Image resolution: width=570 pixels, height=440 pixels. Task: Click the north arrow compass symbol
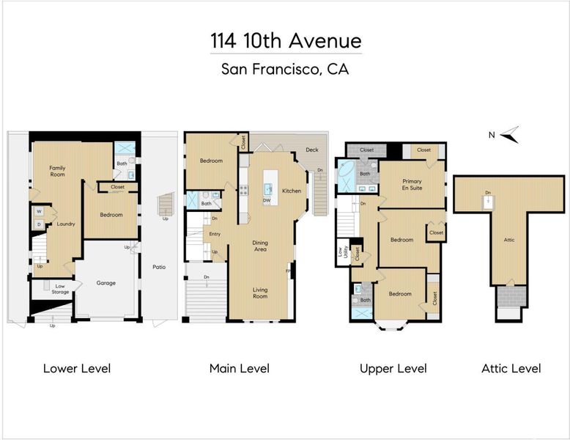pos(510,135)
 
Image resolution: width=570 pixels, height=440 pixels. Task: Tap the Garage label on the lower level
pos(106,283)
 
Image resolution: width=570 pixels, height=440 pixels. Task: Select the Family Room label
pos(57,171)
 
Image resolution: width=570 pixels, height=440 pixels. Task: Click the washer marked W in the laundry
pos(40,211)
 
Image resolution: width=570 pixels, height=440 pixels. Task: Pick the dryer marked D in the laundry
pos(40,224)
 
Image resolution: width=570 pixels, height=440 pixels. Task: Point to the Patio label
pos(159,267)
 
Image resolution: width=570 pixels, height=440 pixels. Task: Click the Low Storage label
pos(60,289)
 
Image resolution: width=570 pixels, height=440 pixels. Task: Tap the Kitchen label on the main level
pos(292,191)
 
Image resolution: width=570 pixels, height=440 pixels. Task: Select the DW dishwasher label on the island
pos(267,200)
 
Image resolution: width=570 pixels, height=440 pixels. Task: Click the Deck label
pos(312,150)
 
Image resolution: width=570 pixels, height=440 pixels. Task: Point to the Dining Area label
pos(260,246)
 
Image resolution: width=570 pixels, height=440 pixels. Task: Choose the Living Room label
pos(260,293)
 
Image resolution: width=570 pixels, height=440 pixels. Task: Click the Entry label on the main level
pos(215,234)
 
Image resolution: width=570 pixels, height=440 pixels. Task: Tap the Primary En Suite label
pos(412,185)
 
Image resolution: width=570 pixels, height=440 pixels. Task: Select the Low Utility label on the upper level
pos(342,252)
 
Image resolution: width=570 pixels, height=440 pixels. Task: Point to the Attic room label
pos(509,240)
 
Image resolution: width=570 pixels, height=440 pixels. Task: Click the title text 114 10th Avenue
pos(286,40)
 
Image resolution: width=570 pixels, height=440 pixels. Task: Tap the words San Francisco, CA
pos(285,69)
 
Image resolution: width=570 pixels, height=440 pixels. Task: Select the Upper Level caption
pos(393,369)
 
